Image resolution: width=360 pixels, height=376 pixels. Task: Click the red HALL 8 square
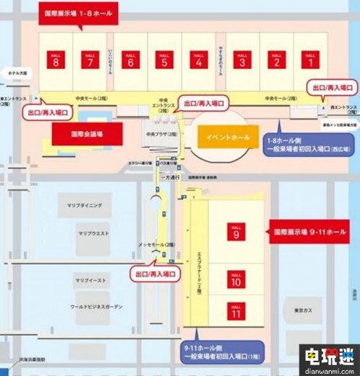(x=56, y=60)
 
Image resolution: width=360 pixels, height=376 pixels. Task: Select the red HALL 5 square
(x=166, y=60)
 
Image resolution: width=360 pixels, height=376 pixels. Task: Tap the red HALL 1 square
(x=311, y=60)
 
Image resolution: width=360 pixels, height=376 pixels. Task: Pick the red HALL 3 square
(x=242, y=60)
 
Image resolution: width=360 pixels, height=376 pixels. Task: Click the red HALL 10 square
(x=235, y=280)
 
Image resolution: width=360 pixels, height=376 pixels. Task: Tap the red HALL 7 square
(x=90, y=60)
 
